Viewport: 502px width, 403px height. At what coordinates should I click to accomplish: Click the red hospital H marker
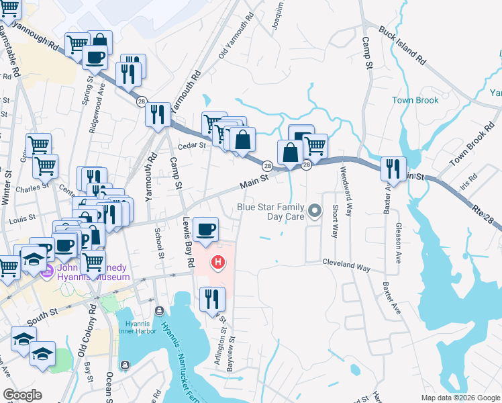click(x=217, y=262)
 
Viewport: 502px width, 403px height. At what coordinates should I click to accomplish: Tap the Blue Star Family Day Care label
click(x=270, y=212)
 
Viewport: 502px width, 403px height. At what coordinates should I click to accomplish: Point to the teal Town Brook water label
click(x=415, y=100)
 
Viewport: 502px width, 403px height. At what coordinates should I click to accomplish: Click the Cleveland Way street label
click(x=346, y=266)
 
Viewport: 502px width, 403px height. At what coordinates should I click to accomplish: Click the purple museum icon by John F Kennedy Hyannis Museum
click(x=46, y=271)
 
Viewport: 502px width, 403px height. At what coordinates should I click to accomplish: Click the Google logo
click(x=23, y=395)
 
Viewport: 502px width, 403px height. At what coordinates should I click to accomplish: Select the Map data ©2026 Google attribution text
click(x=460, y=398)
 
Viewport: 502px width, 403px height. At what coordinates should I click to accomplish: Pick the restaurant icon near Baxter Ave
click(x=393, y=168)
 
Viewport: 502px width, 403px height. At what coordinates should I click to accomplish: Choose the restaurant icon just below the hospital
click(x=213, y=299)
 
